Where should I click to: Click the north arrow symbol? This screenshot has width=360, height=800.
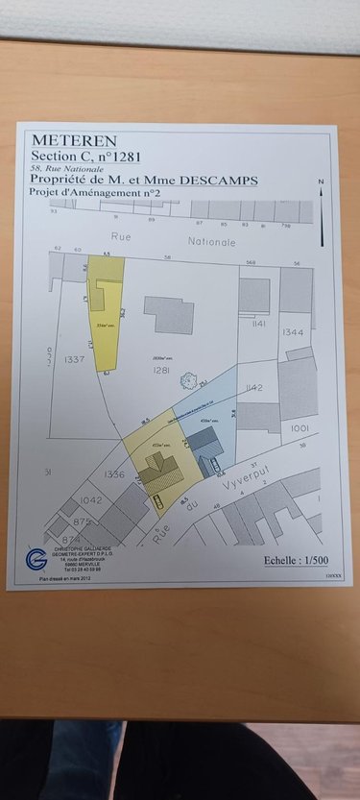coord(323,211)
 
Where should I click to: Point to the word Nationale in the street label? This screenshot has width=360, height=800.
coord(210,242)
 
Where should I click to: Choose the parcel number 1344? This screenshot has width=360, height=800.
coord(293,331)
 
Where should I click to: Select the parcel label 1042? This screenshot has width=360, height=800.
coord(91,500)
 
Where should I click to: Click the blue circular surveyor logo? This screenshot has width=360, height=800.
coord(36,558)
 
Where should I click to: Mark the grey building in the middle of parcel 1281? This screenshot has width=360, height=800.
coord(169,313)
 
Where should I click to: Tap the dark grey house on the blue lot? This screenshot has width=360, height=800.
coord(204,444)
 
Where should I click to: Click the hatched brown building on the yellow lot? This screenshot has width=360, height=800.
coord(157,471)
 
